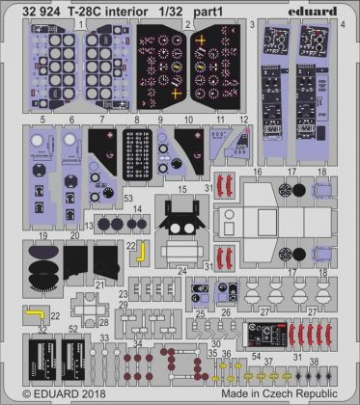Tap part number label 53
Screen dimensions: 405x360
[128, 197]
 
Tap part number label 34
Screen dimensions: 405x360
[135, 343]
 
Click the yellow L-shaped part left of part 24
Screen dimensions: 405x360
[140, 252]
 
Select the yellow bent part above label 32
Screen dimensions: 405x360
[34, 313]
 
